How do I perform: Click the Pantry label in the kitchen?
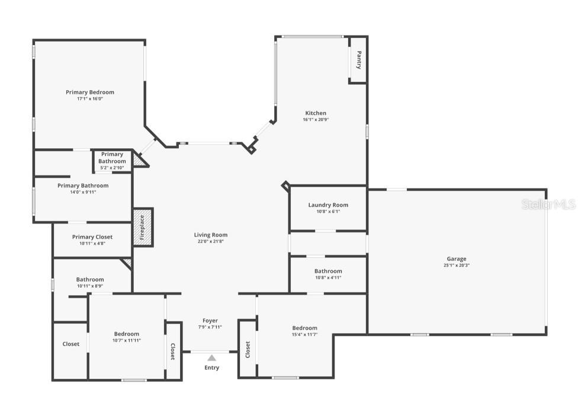point(358,60)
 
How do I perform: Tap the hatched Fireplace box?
point(142,227)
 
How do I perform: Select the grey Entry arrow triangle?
point(211,358)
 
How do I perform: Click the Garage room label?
point(456,259)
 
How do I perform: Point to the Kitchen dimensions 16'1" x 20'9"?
point(316,120)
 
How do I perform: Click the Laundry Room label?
point(328,205)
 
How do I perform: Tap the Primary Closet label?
point(92,237)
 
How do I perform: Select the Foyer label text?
point(210,320)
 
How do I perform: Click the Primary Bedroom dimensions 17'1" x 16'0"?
point(90,99)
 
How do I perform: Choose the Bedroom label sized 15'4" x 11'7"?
point(304,328)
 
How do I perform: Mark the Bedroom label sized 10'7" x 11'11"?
point(127,334)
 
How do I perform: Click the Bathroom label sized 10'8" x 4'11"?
point(328,271)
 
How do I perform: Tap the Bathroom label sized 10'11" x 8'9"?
point(90,279)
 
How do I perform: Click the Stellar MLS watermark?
point(548,205)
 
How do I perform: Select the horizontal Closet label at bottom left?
point(71,344)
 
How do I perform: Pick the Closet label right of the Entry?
point(248,350)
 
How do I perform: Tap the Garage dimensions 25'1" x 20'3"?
point(456,266)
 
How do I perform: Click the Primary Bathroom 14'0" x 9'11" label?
point(83,186)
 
